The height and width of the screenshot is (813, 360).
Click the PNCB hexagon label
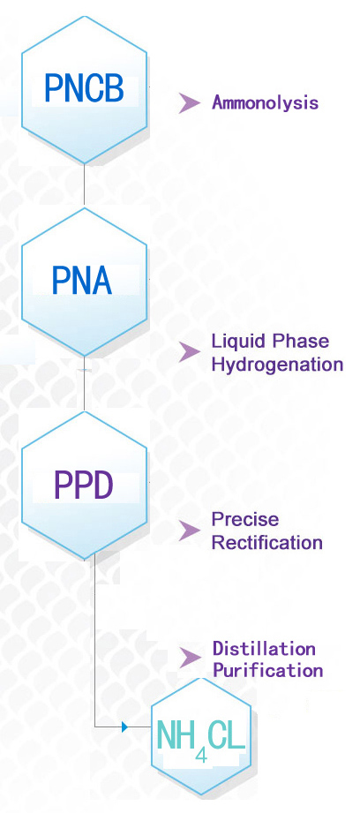tap(84, 88)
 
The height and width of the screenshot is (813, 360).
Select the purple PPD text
tap(84, 485)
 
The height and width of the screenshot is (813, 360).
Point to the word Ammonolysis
tap(266, 102)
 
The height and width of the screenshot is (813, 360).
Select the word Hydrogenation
tap(278, 364)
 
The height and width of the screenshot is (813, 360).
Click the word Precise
tap(245, 519)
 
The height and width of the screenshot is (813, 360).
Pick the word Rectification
tap(267, 543)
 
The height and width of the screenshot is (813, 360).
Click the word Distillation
tap(264, 648)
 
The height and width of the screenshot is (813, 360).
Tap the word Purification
tap(268, 670)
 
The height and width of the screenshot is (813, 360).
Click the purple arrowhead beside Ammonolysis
tap(189, 102)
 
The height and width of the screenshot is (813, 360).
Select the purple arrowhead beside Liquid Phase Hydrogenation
tap(189, 352)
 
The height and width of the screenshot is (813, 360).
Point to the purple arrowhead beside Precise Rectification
tap(189, 531)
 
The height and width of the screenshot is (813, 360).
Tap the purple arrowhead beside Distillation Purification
tap(189, 658)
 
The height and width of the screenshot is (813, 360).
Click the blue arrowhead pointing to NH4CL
tap(124, 726)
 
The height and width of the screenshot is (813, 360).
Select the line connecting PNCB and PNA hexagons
tap(84, 185)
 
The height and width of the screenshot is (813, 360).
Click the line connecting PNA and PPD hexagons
tap(84, 384)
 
